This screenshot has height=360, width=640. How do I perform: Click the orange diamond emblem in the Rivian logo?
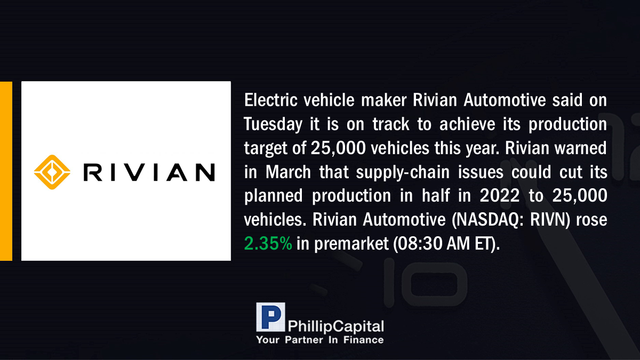tap(52, 172)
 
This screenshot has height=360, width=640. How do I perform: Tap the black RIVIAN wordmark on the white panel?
tap(149, 172)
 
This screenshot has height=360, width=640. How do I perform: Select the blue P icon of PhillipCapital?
tap(270, 317)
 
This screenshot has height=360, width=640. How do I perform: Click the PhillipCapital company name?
tap(335, 326)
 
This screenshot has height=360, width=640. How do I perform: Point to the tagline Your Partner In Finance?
tap(320, 340)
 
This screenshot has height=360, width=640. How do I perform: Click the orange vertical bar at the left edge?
tap(6, 171)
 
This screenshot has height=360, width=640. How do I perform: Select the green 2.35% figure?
tap(268, 243)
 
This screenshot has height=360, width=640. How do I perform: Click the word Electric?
tap(270, 100)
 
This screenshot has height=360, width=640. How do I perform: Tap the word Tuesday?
tap(273, 125)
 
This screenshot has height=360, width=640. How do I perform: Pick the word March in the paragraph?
tap(288, 172)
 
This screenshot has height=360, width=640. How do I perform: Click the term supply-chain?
tap(403, 173)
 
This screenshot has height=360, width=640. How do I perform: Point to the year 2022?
tap(499, 196)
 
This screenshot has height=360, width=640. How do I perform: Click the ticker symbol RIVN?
tap(548, 220)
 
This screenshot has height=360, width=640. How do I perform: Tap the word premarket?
tap(351, 244)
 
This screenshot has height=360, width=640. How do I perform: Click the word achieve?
tap(467, 124)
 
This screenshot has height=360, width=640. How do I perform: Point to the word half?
tap(435, 196)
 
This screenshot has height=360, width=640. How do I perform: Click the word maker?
tap(383, 100)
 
